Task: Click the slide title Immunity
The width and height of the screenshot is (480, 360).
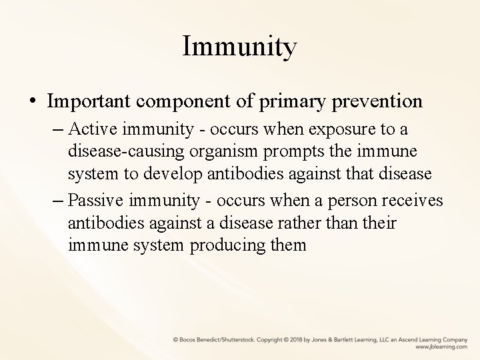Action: coord(239,47)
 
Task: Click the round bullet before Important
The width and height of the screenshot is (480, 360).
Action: coord(33,102)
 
